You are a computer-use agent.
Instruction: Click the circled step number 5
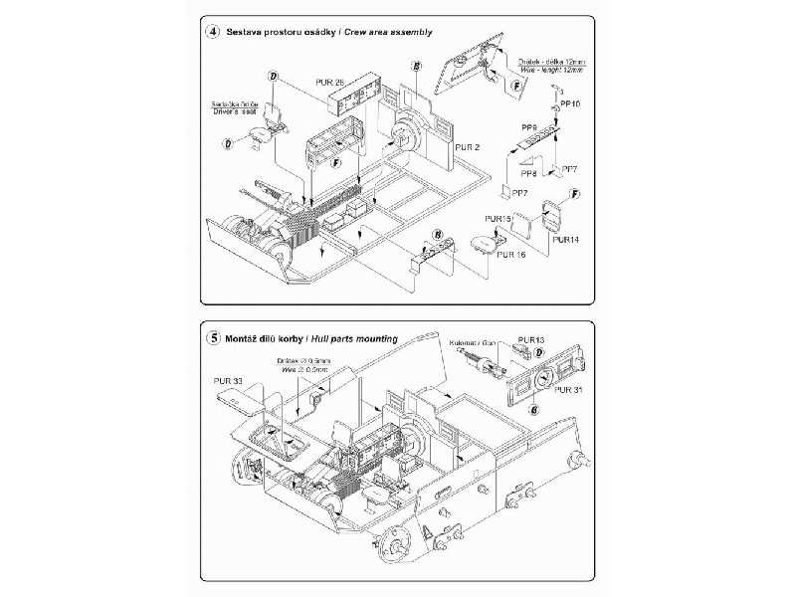point(213,338)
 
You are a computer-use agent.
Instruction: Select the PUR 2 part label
point(468,146)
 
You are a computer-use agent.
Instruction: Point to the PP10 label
point(570,103)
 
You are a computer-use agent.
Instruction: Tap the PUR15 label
point(497,218)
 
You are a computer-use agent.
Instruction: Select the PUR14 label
point(566,240)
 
